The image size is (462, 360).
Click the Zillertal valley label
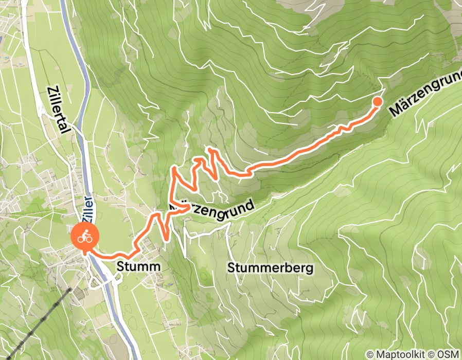pyautogui.click(x=57, y=110)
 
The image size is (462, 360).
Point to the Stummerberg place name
pyautogui.click(x=270, y=268)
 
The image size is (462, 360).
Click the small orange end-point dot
pyautogui.click(x=377, y=101)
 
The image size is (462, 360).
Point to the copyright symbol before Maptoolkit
pyautogui.click(x=370, y=354)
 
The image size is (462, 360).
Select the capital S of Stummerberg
pyautogui.click(x=231, y=268)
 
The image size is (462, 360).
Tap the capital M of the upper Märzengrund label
pyautogui.click(x=395, y=110)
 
